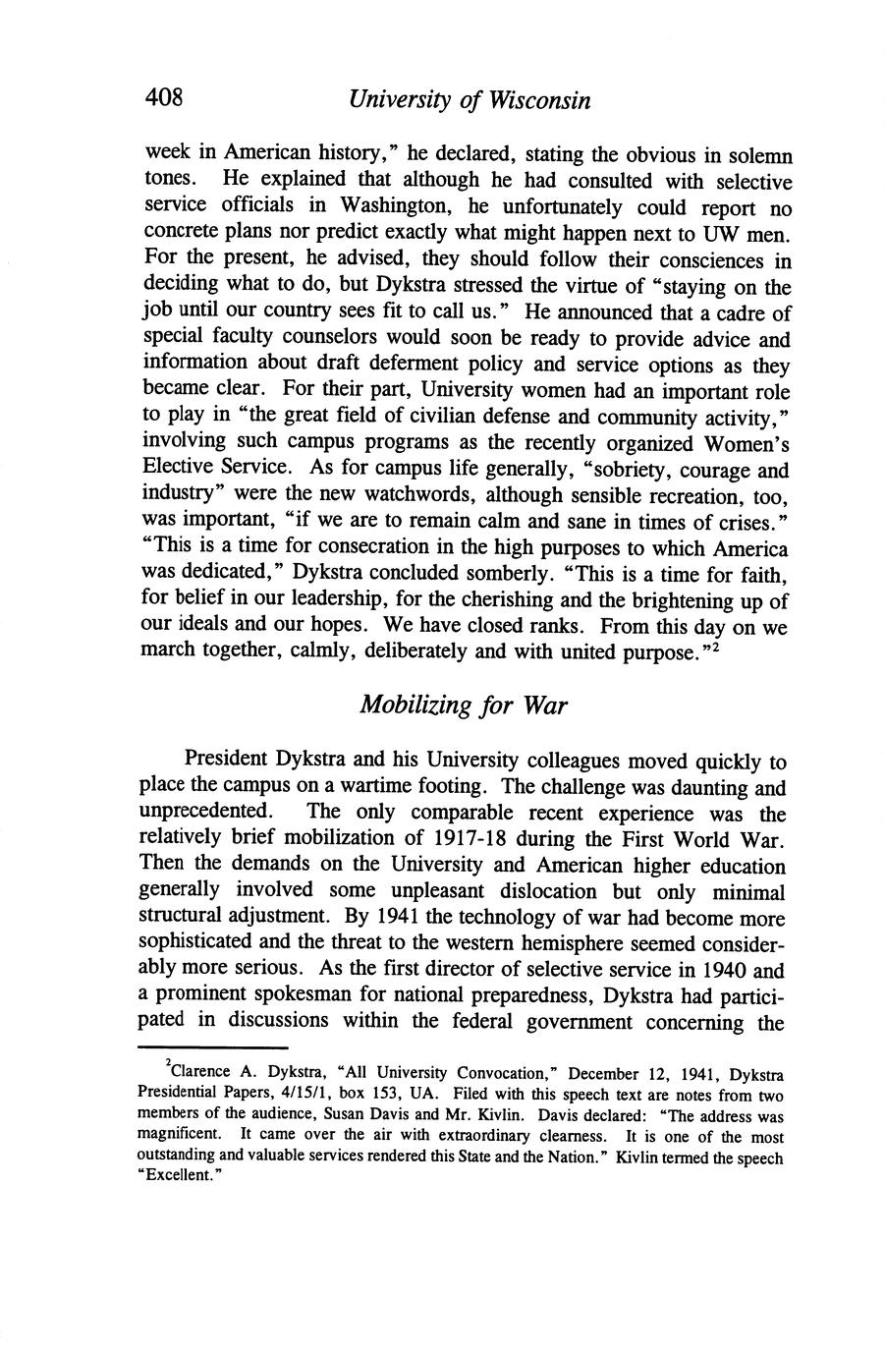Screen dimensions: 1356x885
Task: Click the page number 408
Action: pyautogui.click(x=164, y=97)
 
